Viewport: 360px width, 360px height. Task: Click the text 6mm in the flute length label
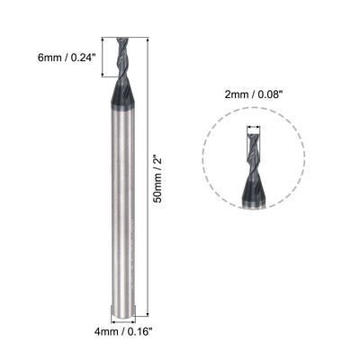click(44, 58)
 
